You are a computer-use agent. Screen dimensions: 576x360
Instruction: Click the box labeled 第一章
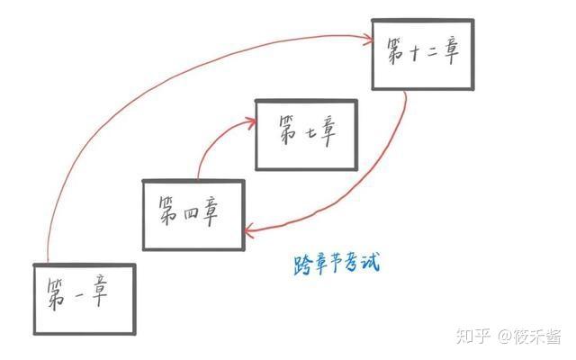84,297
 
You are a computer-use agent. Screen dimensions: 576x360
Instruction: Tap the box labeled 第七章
307,134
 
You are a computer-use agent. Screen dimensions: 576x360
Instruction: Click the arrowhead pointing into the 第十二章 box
368,38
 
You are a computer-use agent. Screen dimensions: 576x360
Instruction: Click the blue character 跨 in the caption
302,265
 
